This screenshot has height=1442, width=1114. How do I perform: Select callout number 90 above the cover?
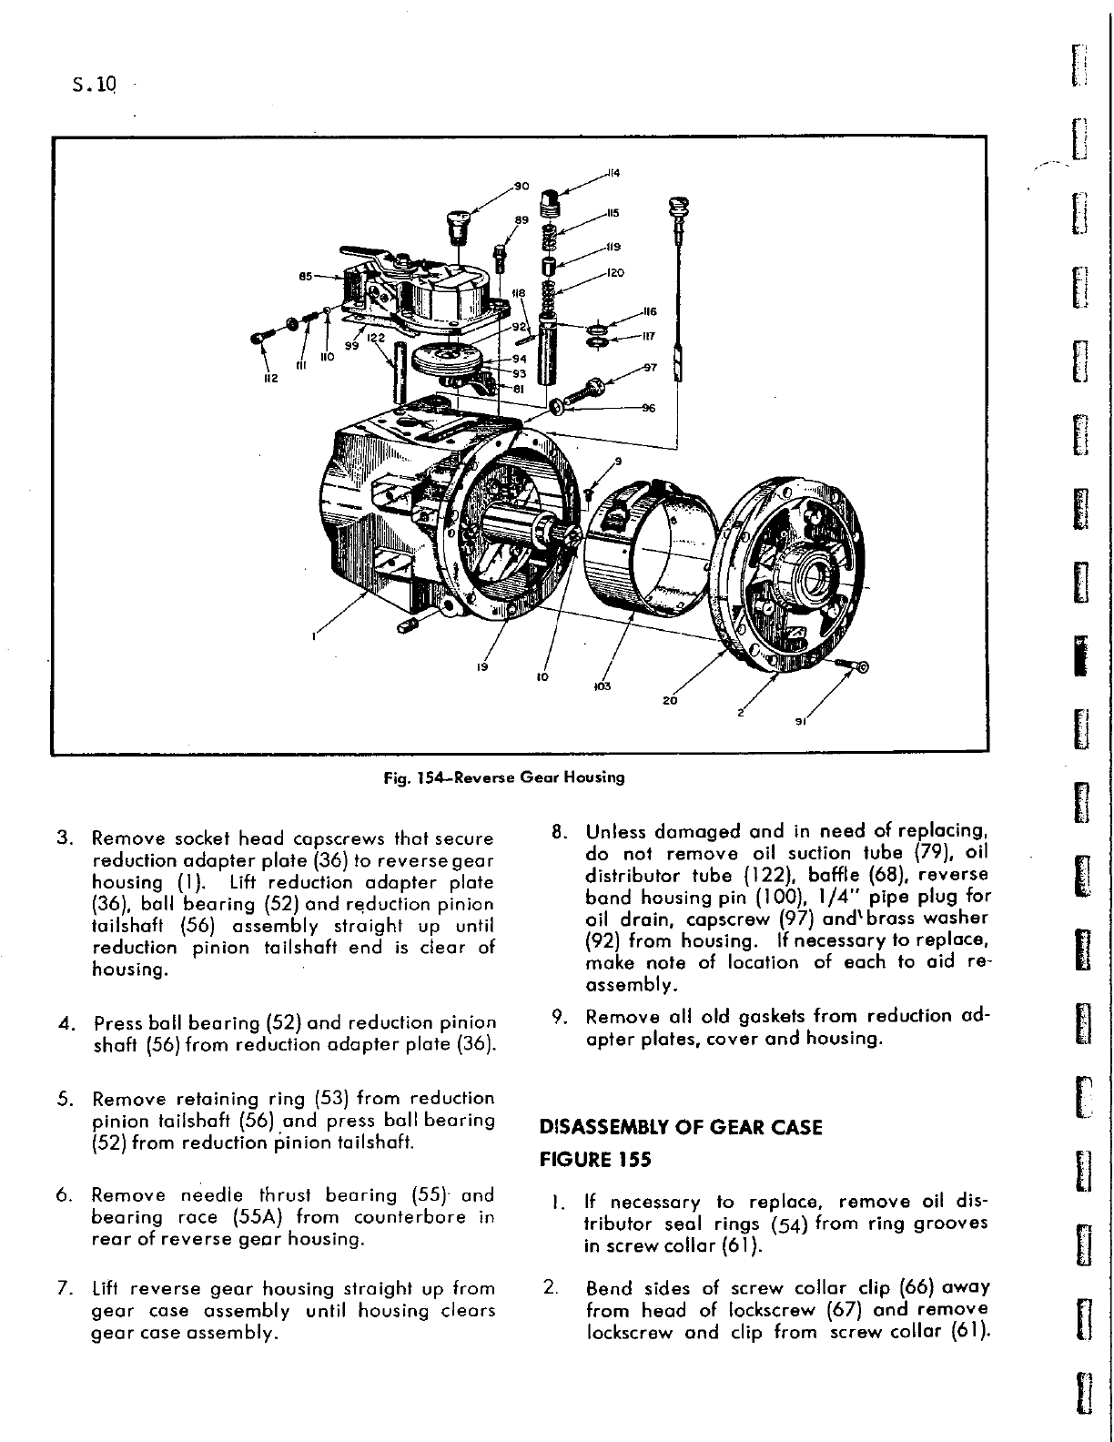coord(522,186)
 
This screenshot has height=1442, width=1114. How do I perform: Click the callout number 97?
coord(650,367)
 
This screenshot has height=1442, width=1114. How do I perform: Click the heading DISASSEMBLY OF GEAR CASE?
coord(681,1127)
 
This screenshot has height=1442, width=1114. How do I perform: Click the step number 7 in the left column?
coord(65,1288)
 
